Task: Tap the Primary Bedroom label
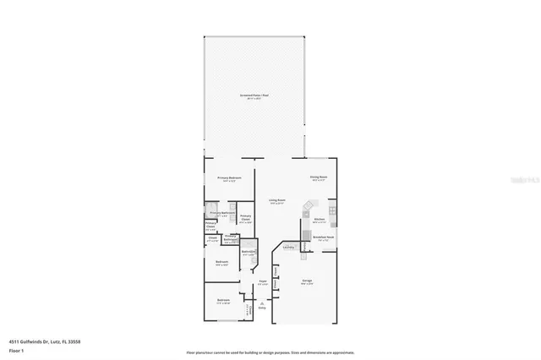230,177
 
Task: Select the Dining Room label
318,177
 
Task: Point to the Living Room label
276,201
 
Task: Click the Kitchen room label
319,219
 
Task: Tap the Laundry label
288,247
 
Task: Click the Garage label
307,281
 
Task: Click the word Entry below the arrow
262,308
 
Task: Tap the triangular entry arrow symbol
262,302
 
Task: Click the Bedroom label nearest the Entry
223,300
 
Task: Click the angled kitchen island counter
309,207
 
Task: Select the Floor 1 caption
17,349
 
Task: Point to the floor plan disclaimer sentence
270,352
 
